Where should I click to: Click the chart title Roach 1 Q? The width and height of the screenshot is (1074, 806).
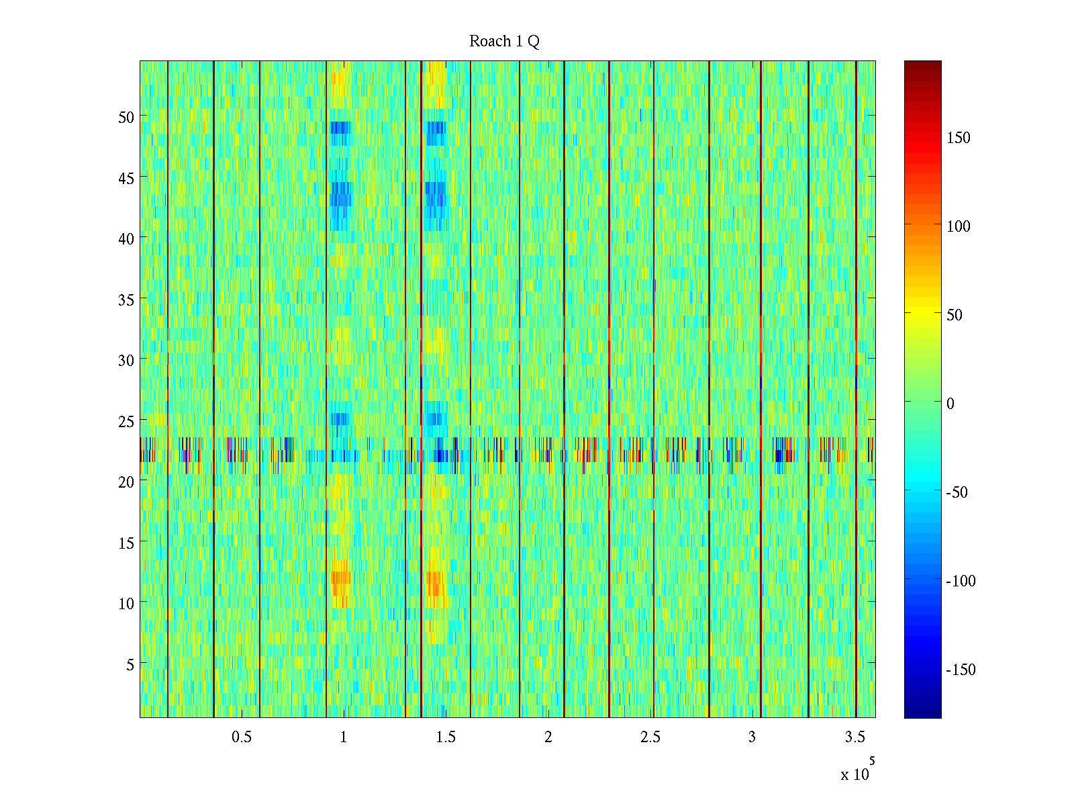pyautogui.click(x=504, y=42)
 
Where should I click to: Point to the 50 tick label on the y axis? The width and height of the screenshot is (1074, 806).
pyautogui.click(x=126, y=117)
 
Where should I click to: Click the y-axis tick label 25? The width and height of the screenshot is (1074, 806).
pyautogui.click(x=126, y=421)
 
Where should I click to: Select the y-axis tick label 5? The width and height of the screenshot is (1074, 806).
pyautogui.click(x=130, y=664)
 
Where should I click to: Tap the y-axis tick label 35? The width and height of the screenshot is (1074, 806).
pyautogui.click(x=126, y=300)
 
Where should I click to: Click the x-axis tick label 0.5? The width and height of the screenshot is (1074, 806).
pyautogui.click(x=242, y=737)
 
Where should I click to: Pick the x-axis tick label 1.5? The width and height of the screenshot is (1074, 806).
pyautogui.click(x=446, y=737)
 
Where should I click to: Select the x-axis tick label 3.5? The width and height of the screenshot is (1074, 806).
pyautogui.click(x=855, y=737)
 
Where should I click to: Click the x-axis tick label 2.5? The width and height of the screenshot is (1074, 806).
pyautogui.click(x=650, y=737)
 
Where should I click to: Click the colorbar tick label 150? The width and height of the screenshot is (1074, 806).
pyautogui.click(x=959, y=138)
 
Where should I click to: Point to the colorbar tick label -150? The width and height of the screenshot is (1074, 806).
pyautogui.click(x=961, y=670)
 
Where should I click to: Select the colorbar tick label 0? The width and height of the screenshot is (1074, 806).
pyautogui.click(x=950, y=404)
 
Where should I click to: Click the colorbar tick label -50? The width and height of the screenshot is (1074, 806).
pyautogui.click(x=957, y=493)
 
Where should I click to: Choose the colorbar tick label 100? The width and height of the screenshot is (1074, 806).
pyautogui.click(x=959, y=227)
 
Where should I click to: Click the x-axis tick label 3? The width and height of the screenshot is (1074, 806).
pyautogui.click(x=752, y=737)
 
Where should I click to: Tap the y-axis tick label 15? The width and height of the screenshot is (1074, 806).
pyautogui.click(x=126, y=543)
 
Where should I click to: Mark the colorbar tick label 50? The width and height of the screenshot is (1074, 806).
pyautogui.click(x=955, y=316)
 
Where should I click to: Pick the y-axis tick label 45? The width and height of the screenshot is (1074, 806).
pyautogui.click(x=126, y=178)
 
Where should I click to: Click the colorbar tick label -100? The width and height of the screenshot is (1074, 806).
pyautogui.click(x=961, y=582)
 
